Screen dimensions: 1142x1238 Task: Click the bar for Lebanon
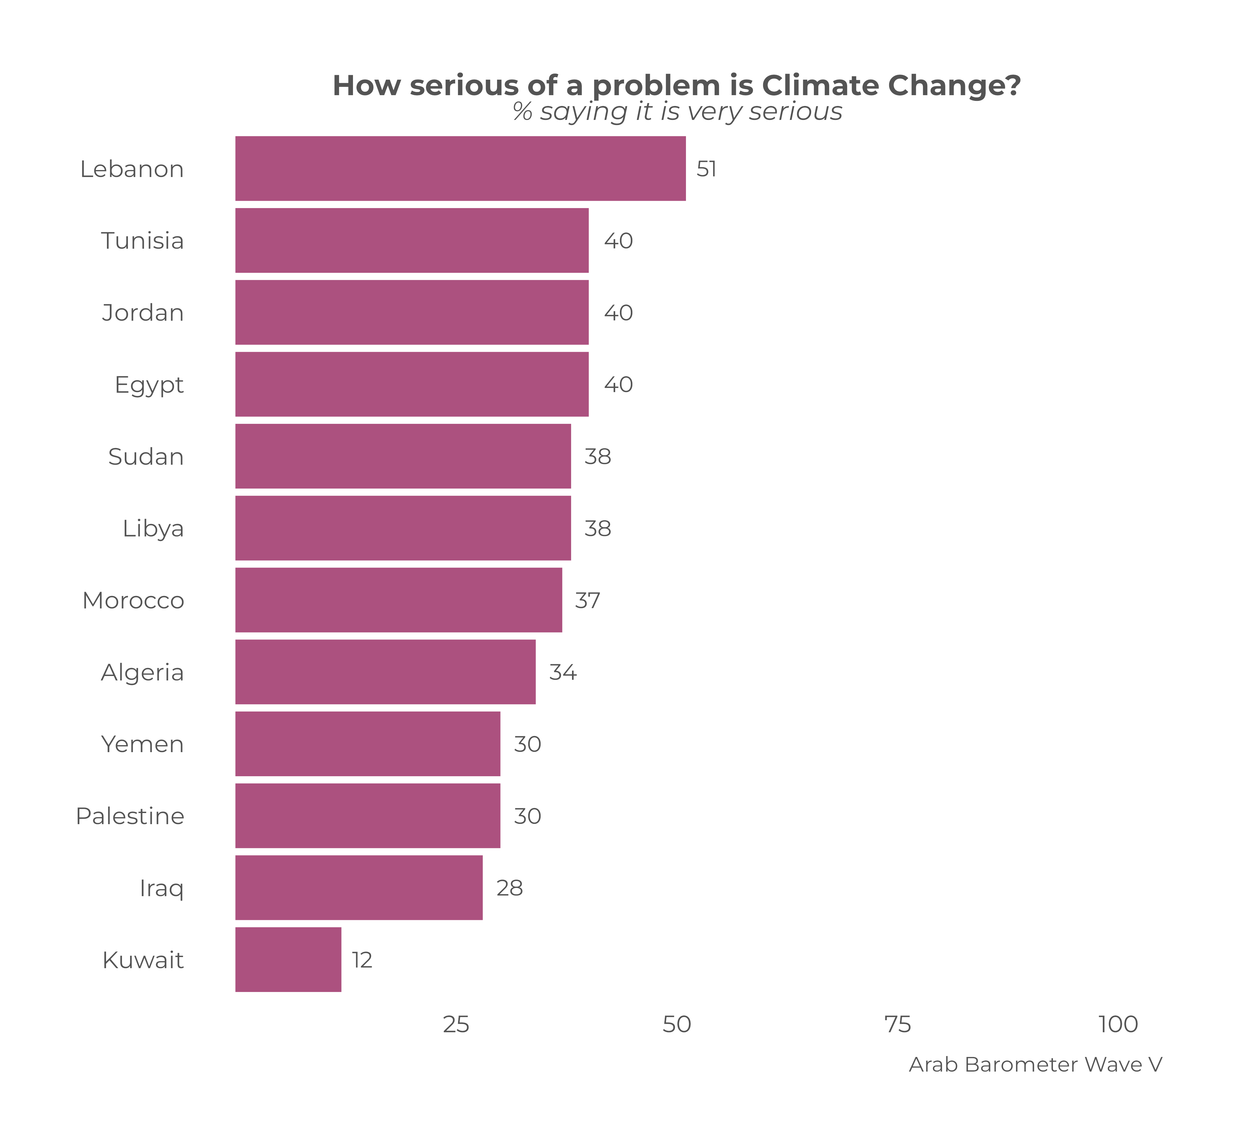[460, 169]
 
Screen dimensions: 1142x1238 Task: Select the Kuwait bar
[288, 960]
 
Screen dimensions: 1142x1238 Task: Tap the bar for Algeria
[385, 672]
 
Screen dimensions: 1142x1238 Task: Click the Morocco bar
[398, 600]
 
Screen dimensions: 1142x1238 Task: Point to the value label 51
[706, 169]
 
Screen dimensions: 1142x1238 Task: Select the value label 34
[563, 672]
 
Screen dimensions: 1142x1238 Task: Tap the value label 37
[588, 600]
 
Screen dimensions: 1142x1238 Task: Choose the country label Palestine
[130, 816]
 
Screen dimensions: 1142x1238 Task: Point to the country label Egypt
[149, 384]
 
